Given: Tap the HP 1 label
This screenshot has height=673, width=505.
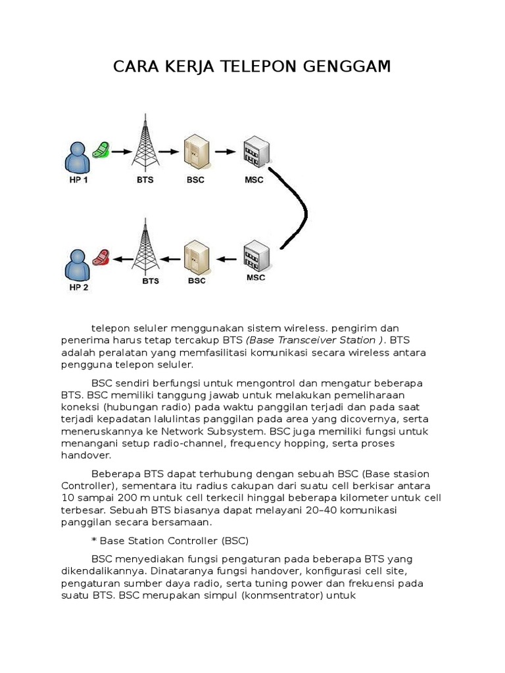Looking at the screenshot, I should click(x=78, y=179).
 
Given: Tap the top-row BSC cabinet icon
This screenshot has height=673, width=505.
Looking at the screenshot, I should click(x=195, y=153).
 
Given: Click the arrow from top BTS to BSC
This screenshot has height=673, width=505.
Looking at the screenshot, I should click(x=168, y=151).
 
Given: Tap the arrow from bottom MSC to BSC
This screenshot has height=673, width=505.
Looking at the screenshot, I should click(x=226, y=259).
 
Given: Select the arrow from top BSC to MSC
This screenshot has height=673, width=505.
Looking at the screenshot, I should click(x=224, y=152).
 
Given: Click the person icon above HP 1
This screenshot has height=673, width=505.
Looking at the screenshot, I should click(x=78, y=158).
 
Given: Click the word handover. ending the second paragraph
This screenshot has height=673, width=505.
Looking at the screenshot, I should click(x=86, y=455).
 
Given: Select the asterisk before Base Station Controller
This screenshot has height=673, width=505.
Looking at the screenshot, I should click(x=94, y=541).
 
